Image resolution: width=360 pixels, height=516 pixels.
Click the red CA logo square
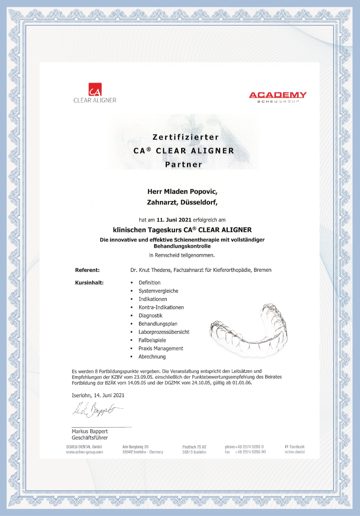[95, 89]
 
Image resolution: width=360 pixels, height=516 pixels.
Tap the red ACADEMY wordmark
[277, 95]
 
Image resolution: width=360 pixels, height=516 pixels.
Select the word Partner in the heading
[183, 164]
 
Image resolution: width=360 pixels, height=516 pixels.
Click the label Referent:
[87, 270]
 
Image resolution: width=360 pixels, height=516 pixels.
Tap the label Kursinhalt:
[89, 282]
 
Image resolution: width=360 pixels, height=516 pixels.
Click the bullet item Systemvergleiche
[158, 291]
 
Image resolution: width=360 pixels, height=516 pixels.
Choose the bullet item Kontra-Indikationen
[161, 307]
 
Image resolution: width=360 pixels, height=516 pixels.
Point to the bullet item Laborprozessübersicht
[164, 332]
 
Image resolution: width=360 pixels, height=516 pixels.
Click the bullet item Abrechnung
[152, 357]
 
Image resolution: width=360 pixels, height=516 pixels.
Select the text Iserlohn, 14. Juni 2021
[98, 395]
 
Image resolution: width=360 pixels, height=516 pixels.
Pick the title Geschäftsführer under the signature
[90, 438]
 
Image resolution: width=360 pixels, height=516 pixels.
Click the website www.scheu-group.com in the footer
[85, 452]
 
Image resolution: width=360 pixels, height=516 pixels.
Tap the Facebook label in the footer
[296, 446]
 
